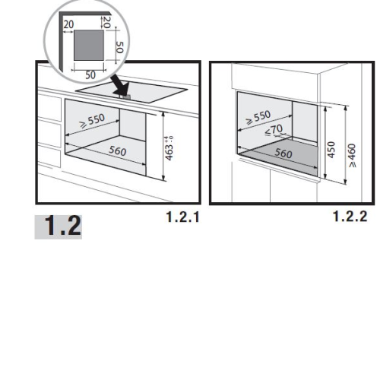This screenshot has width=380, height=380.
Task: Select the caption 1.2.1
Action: click(182, 217)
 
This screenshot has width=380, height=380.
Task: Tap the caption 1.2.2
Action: click(350, 217)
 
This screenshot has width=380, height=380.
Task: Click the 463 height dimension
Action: click(169, 149)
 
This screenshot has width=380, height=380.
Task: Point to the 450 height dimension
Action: click(331, 150)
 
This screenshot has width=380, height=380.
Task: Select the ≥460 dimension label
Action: click(352, 155)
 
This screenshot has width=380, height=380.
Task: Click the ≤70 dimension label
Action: click(274, 130)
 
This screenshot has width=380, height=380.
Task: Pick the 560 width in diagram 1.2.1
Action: click(118, 151)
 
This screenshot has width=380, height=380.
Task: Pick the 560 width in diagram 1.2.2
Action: click(283, 154)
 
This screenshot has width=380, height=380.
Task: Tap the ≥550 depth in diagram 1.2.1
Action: click(92, 121)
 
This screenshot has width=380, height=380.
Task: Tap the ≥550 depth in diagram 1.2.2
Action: click(258, 117)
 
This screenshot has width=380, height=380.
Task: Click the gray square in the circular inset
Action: click(89, 46)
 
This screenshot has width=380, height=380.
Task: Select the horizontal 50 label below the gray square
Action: click(90, 75)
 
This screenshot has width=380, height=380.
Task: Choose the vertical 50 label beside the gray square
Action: click(119, 47)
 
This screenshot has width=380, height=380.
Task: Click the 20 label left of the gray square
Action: click(68, 24)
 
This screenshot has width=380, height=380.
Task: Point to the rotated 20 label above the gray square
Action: click(106, 22)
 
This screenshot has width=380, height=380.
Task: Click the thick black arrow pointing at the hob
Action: click(120, 84)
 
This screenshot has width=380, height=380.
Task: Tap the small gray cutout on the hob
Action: click(125, 97)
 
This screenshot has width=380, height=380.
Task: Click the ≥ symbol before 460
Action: click(353, 164)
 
